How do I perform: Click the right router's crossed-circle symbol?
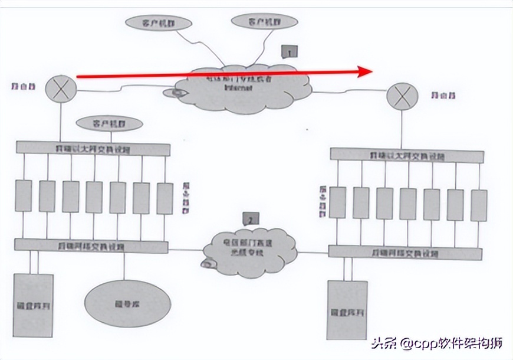401,97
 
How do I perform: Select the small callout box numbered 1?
289,51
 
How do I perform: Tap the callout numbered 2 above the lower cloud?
250,220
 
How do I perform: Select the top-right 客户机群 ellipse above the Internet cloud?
263,21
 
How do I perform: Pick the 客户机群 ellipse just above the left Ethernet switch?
110,123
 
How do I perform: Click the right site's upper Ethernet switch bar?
407,155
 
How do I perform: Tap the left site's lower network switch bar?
91,245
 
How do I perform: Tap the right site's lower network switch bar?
405,253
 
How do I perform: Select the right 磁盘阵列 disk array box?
347,310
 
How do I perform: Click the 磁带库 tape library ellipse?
123,305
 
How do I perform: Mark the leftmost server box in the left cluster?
24,196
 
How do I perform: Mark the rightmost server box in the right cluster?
479,205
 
